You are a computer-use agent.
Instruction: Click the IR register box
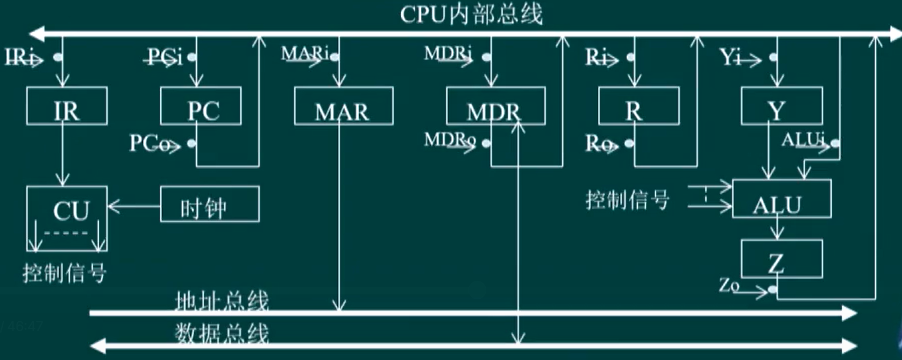[67, 106]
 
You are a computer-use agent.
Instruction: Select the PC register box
[201, 106]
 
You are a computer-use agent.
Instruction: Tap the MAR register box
[343, 106]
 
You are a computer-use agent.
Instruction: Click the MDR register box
[495, 106]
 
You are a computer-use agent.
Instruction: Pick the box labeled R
[638, 106]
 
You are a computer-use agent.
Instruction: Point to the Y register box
[781, 106]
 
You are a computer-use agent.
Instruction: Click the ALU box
[781, 199]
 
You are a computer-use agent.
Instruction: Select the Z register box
[781, 259]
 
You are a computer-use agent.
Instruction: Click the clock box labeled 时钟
[209, 204]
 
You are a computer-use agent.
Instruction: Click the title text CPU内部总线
[471, 15]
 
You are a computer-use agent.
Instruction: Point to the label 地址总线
[221, 301]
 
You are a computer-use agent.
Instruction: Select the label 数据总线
[221, 334]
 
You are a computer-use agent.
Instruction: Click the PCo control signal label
[150, 143]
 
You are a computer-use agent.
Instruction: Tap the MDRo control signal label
[450, 141]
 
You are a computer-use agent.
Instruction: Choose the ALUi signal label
[803, 140]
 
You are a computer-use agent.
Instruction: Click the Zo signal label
[729, 285]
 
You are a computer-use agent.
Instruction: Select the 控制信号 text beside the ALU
[627, 200]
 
